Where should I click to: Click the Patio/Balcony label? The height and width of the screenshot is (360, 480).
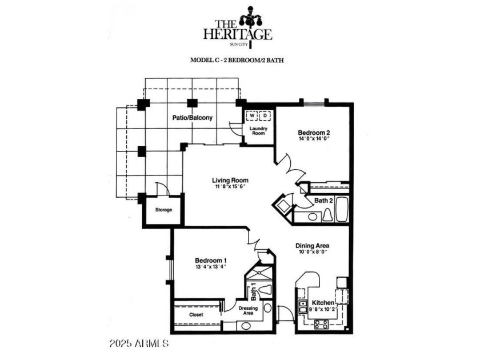tap(193, 118)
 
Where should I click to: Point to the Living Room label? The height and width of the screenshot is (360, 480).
tap(227, 181)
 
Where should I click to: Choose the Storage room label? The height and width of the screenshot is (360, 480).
tap(163, 210)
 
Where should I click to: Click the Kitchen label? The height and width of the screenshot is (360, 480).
tap(323, 302)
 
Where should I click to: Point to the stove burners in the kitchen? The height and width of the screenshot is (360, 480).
tap(321, 324)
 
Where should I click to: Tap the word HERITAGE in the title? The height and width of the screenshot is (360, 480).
tap(237, 34)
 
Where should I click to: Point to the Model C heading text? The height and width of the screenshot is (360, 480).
tap(238, 59)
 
